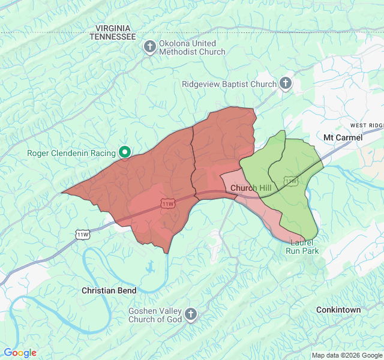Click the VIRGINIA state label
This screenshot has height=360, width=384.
113,28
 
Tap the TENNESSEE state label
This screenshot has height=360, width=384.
113,37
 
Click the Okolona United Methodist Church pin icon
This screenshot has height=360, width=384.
150,47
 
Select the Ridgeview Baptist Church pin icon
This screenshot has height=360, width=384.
286,84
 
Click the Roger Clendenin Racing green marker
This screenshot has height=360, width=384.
125,152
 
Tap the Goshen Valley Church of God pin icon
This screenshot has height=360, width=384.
190,314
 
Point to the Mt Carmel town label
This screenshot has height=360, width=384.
343,137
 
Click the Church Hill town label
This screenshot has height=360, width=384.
251,188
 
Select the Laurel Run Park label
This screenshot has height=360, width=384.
302,247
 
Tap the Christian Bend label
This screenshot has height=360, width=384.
109,290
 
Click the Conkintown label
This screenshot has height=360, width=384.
338,310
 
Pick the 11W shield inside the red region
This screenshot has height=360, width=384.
168,204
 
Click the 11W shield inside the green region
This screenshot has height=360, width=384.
290,180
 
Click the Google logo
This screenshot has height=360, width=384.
20,353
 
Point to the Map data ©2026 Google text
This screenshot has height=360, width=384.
346,355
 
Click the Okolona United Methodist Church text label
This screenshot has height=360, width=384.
192,47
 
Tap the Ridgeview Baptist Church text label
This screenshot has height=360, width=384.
229,84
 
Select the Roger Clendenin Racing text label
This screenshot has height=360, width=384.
71,153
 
